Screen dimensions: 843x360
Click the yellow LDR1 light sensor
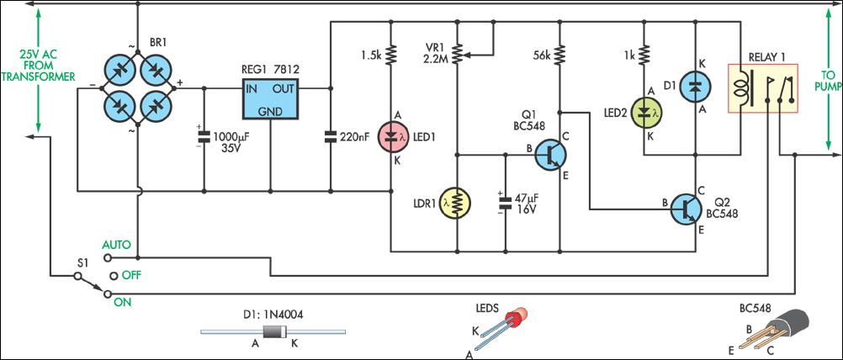pos(457,202)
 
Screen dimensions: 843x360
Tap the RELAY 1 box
pos(762,88)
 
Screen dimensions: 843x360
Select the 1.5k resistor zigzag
pos(392,54)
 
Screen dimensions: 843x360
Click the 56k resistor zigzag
pos(559,54)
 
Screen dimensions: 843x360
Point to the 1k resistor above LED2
pos(644,54)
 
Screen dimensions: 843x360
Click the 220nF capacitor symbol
pos(330,138)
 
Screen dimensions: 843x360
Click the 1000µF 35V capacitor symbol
pos(204,138)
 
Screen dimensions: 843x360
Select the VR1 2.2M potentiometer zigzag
pos(457,54)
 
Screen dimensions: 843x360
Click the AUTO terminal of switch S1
pos(107,257)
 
